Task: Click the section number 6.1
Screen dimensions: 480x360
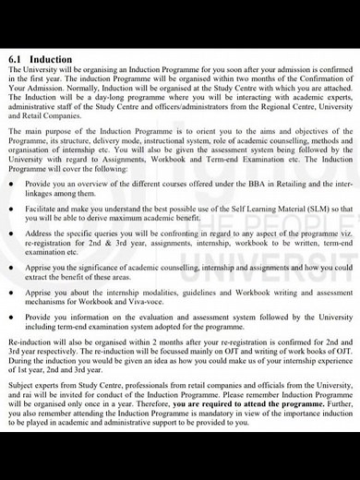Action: [15, 57]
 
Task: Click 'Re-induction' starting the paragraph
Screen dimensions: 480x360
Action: [29, 340]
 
